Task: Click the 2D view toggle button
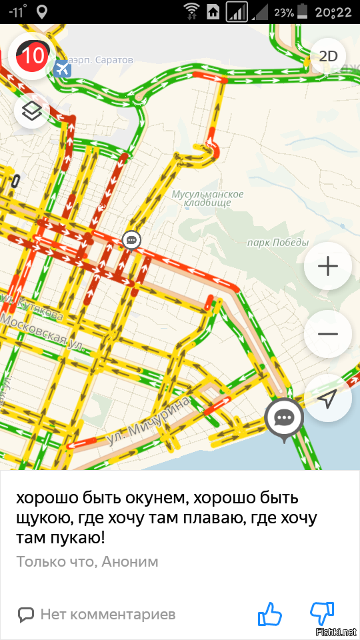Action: [329, 56]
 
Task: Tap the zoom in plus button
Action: [328, 267]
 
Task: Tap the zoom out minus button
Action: [328, 334]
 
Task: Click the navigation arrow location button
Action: [328, 399]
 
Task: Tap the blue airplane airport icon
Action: [63, 69]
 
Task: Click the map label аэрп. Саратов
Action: [103, 60]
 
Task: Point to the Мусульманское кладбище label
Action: [207, 198]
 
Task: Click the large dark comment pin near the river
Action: [285, 419]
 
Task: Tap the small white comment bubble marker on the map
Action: [131, 240]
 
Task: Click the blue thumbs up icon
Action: [271, 614]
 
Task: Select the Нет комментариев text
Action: [107, 614]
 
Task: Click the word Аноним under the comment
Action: [131, 561]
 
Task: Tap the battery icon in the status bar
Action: [303, 11]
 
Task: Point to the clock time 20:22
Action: [334, 12]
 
